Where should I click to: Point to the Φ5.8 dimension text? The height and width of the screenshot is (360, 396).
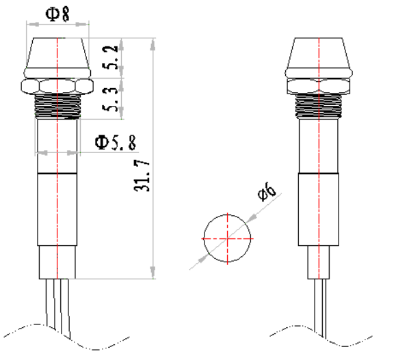[115, 142]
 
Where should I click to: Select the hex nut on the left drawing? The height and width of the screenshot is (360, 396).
[57, 85]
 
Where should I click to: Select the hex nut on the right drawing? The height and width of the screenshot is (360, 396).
[318, 85]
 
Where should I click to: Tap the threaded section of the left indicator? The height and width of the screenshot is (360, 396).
[57, 107]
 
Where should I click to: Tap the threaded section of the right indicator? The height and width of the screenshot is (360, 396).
[318, 107]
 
